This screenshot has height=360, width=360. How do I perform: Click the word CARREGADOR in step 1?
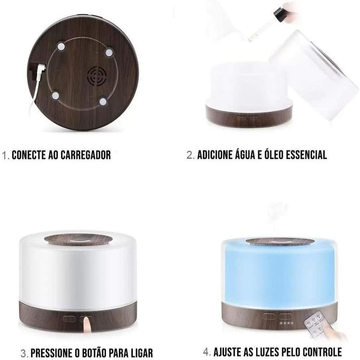85,155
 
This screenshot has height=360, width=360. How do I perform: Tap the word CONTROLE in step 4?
322,352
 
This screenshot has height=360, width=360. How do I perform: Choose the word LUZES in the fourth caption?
266,352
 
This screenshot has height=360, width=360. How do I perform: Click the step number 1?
5,155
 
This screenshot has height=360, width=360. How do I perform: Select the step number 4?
207,352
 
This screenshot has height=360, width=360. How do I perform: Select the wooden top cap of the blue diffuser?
279,242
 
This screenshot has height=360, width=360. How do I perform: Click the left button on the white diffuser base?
69,319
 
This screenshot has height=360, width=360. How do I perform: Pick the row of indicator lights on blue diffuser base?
287,323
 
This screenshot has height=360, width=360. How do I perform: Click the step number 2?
190,155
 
